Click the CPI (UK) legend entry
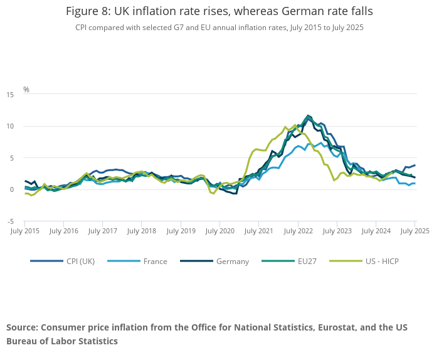click(79, 261)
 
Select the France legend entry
click(154, 261)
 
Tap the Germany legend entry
click(232, 261)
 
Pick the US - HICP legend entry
click(382, 261)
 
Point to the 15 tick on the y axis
click(10, 95)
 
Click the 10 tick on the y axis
click(10, 127)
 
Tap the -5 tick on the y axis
click(10, 221)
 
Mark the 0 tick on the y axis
click(11, 189)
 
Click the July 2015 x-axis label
click(25, 231)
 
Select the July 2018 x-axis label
click(142, 231)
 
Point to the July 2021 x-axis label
click(259, 231)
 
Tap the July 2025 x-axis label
click(415, 231)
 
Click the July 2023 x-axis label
click(337, 231)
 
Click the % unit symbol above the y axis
click(26, 90)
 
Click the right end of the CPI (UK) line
click(415, 165)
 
